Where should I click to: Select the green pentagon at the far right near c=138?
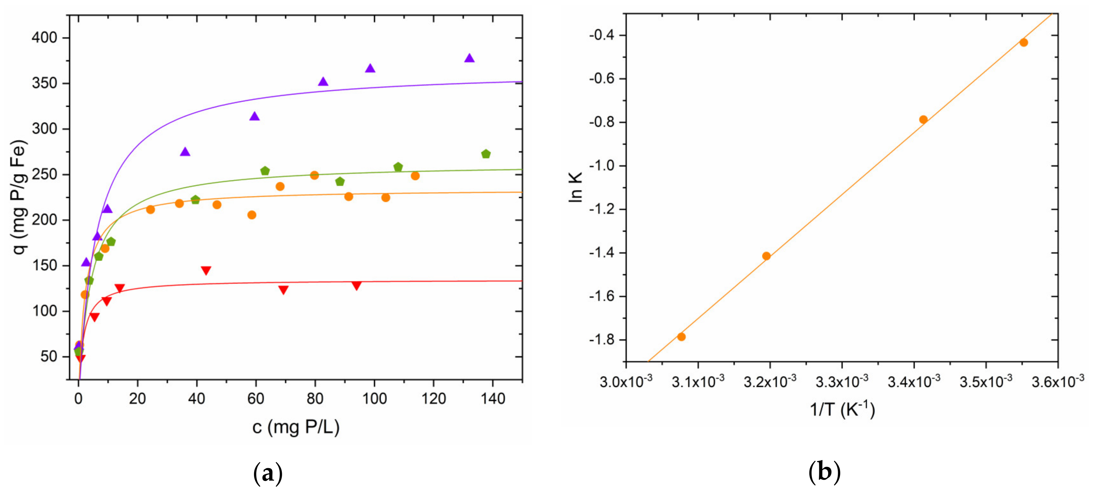(486, 154)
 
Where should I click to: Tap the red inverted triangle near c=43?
(206, 270)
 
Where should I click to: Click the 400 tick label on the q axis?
(44, 38)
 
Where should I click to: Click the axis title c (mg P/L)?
(296, 427)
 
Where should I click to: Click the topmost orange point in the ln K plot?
(1023, 43)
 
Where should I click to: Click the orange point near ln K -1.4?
(766, 256)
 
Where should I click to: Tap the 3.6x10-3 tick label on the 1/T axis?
(1058, 381)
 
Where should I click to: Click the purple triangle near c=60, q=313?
(254, 116)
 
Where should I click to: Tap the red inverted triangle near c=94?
(356, 286)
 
